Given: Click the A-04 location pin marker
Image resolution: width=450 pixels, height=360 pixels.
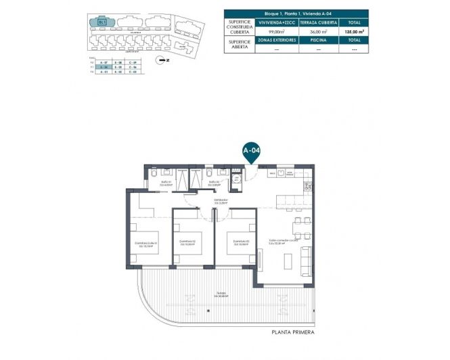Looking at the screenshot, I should tap(252, 151).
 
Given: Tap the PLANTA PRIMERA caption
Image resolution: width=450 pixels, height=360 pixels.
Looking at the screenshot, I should tap(292, 332).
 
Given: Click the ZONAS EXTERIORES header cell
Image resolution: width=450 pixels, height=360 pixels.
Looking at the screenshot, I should tap(275, 40).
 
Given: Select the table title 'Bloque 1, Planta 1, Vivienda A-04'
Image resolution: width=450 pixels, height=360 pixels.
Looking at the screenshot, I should tap(296, 13).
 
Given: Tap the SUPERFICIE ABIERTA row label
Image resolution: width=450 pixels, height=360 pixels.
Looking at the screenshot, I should tap(239, 45).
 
